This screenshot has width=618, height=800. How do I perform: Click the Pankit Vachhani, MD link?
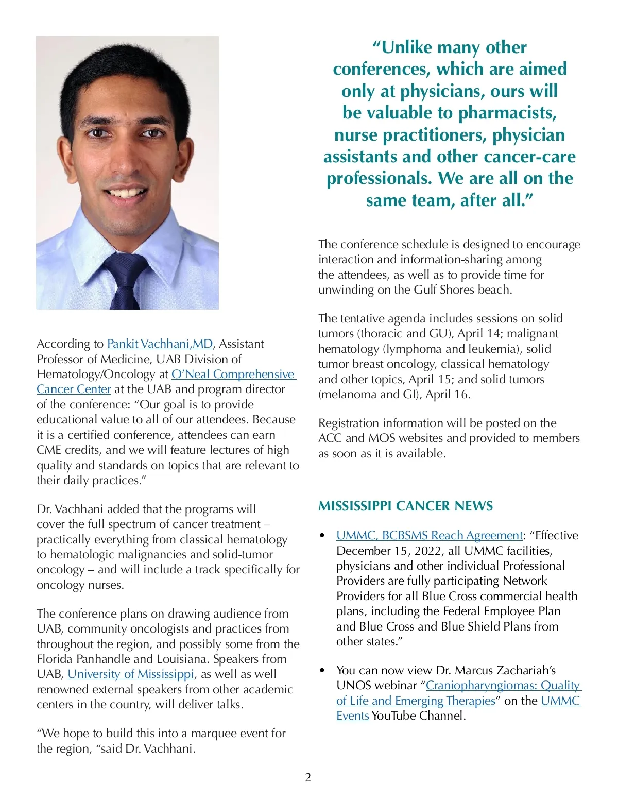(160, 344)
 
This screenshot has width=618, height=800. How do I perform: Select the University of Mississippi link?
(130, 674)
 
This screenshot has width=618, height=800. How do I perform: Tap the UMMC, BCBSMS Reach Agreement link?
(430, 535)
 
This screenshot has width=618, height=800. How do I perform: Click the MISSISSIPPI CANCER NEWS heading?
(405, 506)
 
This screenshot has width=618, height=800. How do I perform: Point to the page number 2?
(308, 777)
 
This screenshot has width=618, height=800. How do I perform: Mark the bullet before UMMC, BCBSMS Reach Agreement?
(322, 536)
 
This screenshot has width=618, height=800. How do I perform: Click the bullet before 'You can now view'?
(322, 671)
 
